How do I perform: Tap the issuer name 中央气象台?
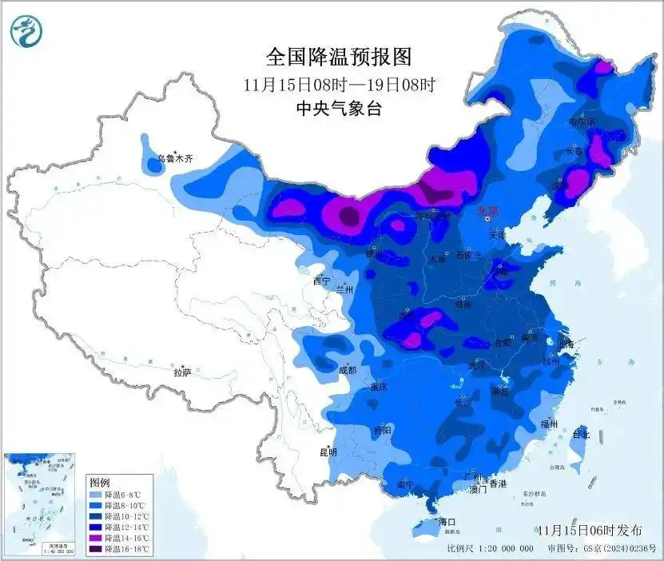339,109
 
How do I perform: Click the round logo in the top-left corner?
27,32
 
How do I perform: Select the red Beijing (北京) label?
487,212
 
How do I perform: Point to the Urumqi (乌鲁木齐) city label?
175,159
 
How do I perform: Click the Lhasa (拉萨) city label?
182,372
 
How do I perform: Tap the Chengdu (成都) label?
348,370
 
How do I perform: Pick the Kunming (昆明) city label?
328,452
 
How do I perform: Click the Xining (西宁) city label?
321,281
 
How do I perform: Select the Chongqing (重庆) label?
378,387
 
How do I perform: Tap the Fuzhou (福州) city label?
548,424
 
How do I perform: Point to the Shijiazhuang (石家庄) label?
471,256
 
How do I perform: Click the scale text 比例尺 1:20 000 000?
491,549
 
